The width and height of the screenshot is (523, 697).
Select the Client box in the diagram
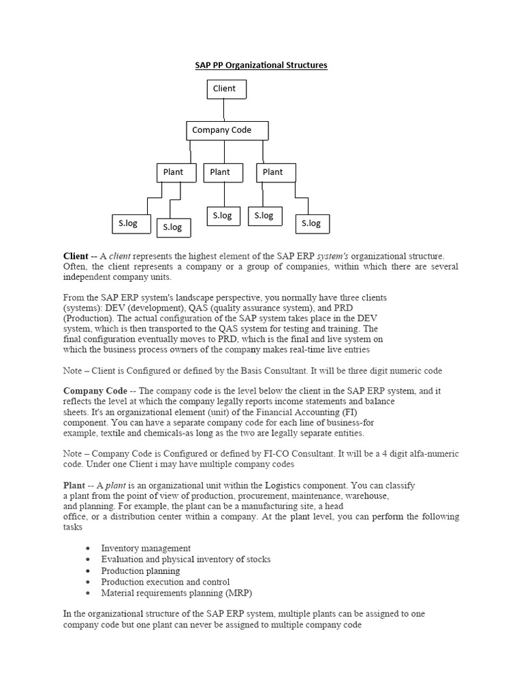point(226,89)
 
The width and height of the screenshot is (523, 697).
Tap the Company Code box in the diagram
point(227,130)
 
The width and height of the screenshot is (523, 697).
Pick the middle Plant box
point(223,172)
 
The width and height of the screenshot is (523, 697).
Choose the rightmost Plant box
point(276,172)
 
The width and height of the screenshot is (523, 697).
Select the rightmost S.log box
point(311,223)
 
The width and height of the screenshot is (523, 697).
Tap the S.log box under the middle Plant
point(223,216)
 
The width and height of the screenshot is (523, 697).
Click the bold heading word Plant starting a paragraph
point(74,486)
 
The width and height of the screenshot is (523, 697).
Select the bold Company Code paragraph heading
point(95,391)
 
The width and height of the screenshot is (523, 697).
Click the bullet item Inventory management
point(146,548)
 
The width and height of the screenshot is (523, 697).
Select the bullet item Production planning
point(140,571)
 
